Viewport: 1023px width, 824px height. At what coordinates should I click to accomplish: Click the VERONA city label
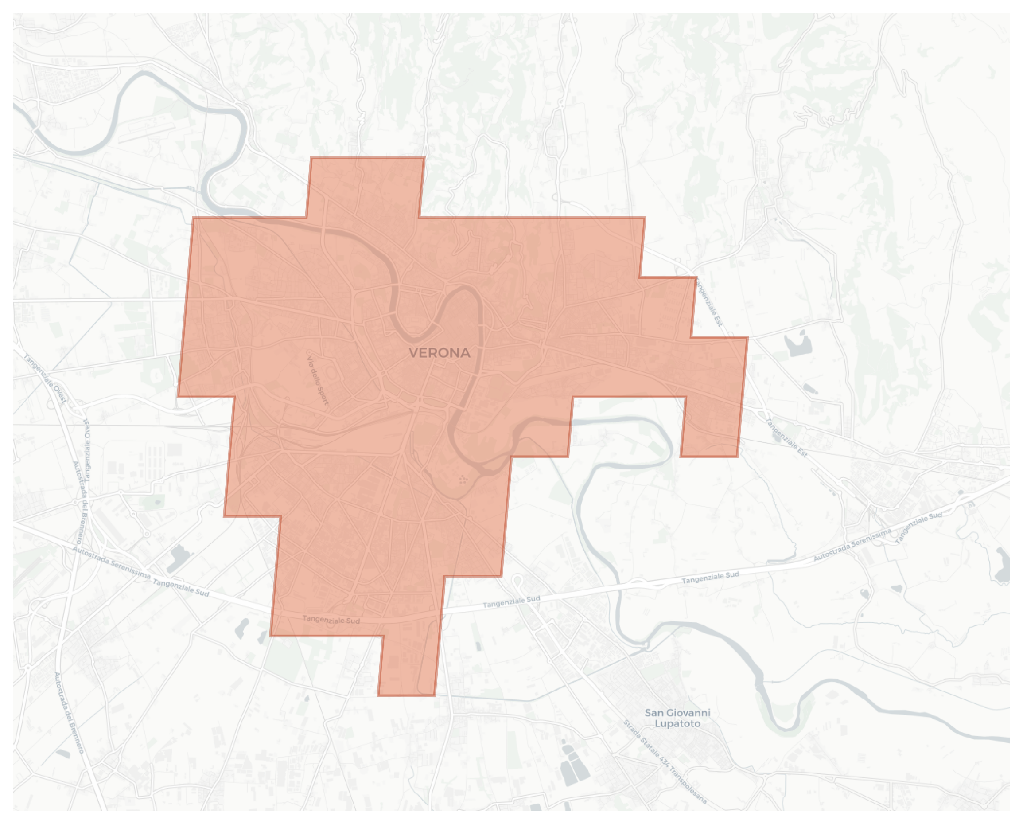click(440, 353)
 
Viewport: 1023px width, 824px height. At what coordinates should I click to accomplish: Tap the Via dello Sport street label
click(317, 378)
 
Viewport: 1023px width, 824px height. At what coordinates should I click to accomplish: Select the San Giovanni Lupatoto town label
click(677, 718)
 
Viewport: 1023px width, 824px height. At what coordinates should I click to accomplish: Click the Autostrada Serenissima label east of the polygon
click(852, 545)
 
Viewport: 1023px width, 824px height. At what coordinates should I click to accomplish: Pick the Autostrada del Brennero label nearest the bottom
click(69, 712)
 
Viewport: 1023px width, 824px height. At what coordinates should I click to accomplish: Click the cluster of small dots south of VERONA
click(463, 480)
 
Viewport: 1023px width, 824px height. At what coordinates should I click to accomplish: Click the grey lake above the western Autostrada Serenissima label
click(179, 556)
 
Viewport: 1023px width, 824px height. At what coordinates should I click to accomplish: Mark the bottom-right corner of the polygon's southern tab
click(435, 696)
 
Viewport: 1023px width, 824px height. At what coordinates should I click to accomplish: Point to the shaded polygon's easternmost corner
click(748, 337)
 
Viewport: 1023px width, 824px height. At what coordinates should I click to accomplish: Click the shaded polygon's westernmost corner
click(178, 396)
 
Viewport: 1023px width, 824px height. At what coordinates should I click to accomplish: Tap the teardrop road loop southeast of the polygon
click(517, 582)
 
